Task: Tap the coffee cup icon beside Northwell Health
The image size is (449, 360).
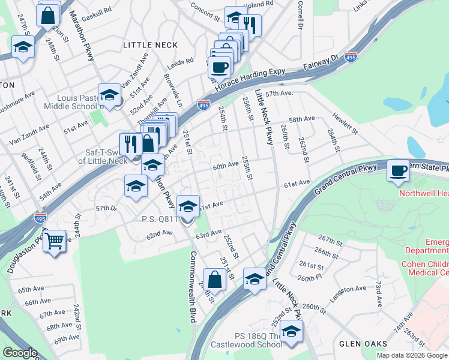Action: (x=399, y=171)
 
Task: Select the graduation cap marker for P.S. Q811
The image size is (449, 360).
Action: (x=188, y=207)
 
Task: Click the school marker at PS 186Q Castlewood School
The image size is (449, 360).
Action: (x=291, y=331)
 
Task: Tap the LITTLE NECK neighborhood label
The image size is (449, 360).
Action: (x=150, y=45)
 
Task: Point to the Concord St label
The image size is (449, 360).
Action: (x=206, y=7)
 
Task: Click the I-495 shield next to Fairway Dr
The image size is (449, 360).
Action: (x=352, y=57)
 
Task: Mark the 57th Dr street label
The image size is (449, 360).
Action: (x=106, y=208)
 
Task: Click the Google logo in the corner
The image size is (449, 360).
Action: (x=20, y=353)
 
